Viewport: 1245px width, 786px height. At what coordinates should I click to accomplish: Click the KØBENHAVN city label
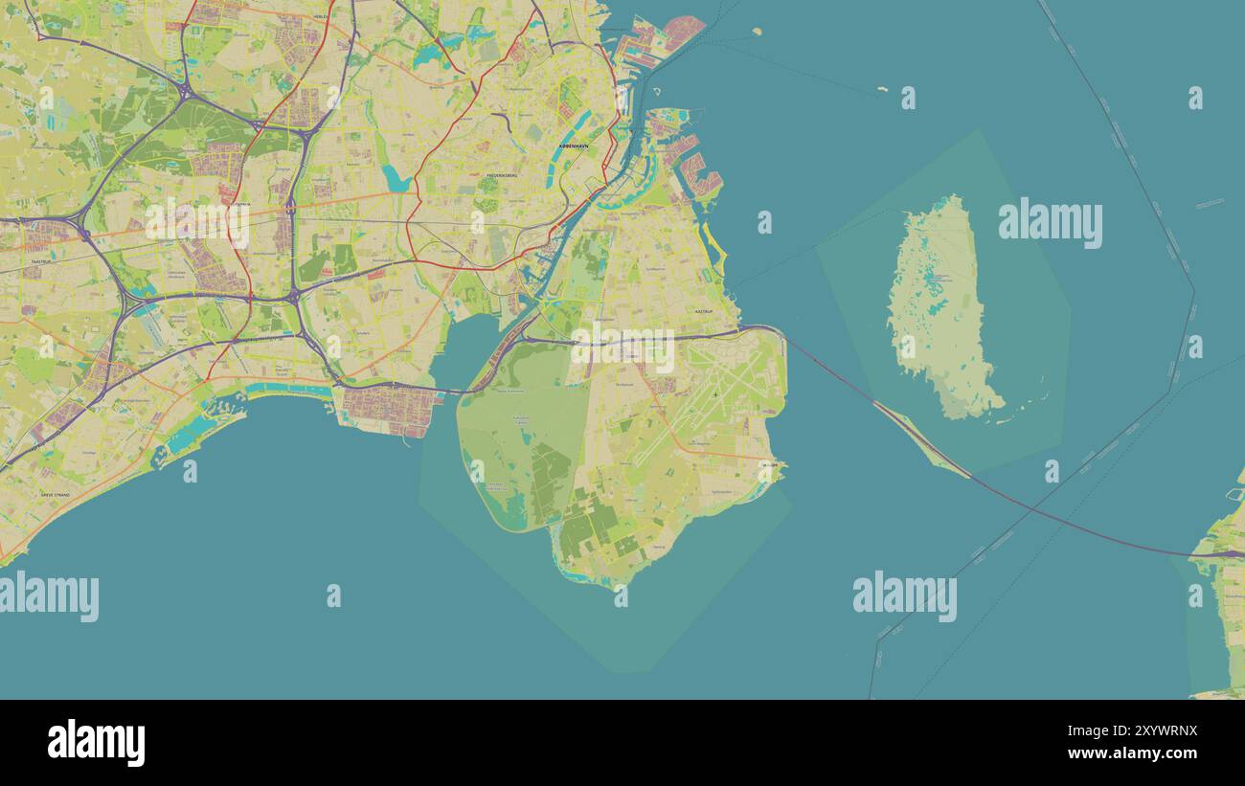point(574,146)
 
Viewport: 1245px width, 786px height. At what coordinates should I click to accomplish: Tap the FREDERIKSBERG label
point(502,176)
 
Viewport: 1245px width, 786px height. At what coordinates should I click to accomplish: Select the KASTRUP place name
point(703,311)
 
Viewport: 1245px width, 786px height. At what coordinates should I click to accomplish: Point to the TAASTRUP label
point(41,260)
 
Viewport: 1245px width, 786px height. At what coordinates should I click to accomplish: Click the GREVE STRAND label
point(55,494)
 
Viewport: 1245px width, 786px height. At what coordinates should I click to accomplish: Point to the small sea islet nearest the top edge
point(757,31)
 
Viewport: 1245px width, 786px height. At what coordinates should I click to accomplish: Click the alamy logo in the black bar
point(96,743)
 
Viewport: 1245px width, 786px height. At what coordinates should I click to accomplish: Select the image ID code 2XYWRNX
point(1148,731)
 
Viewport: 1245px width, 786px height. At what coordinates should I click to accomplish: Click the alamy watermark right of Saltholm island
point(1050,223)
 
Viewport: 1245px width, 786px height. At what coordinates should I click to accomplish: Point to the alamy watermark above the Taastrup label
point(196,222)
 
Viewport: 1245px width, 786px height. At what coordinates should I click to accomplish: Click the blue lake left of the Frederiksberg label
point(395,178)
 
